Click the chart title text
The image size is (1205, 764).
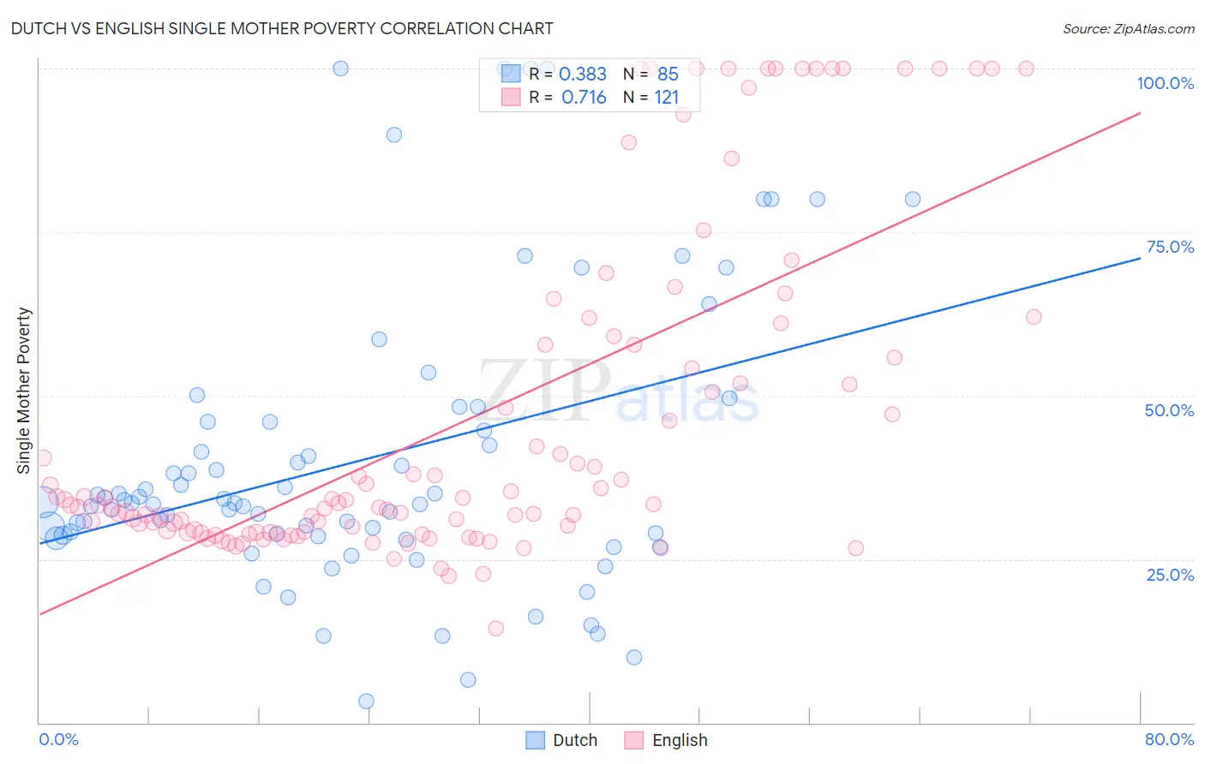(282, 28)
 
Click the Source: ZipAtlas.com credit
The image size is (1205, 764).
(1128, 28)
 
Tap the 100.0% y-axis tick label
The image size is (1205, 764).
(1165, 83)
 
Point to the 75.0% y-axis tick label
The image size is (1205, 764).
(1170, 247)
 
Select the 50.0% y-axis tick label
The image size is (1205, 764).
(1169, 410)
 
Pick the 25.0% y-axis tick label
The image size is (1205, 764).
(1170, 574)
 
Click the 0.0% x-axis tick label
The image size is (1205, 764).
(58, 739)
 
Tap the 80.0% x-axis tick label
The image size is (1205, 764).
(1169, 739)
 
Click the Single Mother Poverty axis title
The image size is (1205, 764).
(24, 391)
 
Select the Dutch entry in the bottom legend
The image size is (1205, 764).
(574, 740)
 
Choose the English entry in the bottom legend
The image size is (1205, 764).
(679, 740)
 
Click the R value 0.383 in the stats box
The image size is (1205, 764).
(582, 75)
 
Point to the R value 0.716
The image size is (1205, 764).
(583, 98)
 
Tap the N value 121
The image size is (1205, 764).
(666, 98)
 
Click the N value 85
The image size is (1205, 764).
(668, 75)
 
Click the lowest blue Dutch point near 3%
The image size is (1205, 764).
(366, 701)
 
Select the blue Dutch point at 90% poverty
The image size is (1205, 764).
(394, 134)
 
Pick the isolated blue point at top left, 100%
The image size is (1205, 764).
(340, 69)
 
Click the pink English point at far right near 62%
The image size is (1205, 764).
(1034, 317)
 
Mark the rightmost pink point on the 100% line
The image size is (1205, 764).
(1026, 69)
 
